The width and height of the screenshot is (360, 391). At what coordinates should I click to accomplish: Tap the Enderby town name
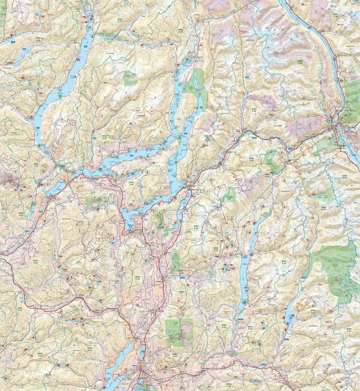pyautogui.click(x=159, y=282)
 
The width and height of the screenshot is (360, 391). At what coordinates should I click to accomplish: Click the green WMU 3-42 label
pyautogui.click(x=78, y=10)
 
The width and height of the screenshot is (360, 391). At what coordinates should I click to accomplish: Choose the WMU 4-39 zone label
pyautogui.click(x=300, y=62)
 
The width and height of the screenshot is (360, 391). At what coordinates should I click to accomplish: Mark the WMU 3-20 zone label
pyautogui.click(x=20, y=309)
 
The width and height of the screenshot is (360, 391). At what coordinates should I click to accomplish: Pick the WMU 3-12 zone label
pyautogui.click(x=40, y=354)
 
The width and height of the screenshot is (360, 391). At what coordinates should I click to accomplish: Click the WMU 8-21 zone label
pyautogui.click(x=90, y=349)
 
